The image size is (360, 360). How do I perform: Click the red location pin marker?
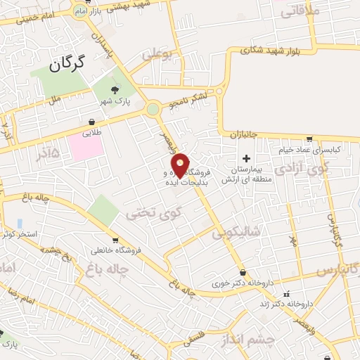pyautogui.click(x=180, y=165)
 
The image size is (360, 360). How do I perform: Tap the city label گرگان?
pyautogui.click(x=67, y=65)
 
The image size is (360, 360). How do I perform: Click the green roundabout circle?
pyautogui.click(x=153, y=109)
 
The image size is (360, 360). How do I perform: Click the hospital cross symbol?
pyautogui.click(x=245, y=157)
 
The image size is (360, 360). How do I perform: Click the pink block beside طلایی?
pyautogui.click(x=86, y=146)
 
